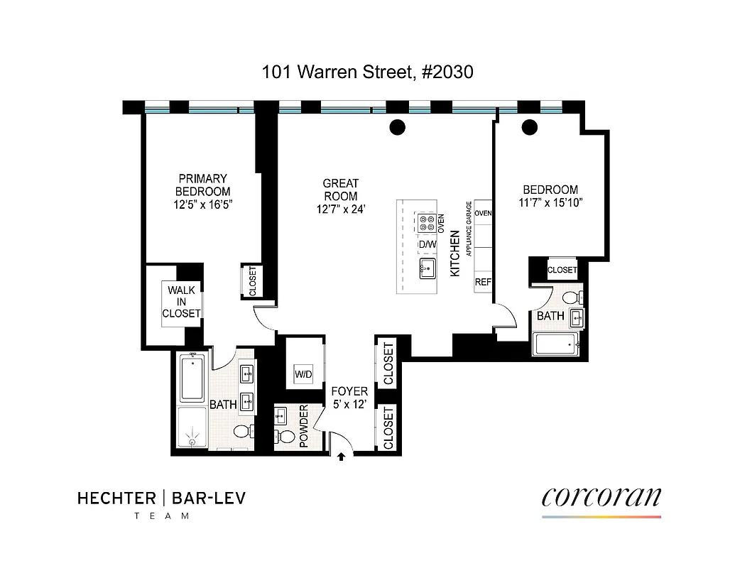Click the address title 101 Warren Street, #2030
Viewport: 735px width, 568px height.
pos(367,72)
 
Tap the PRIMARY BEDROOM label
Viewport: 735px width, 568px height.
pos(203,185)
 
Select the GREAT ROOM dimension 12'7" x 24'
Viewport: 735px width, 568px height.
pos(341,209)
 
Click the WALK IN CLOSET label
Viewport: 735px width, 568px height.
pos(181,302)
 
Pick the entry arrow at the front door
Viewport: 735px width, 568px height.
pos(342,457)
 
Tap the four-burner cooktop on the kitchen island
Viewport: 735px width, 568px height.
pos(428,224)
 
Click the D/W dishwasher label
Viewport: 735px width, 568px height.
pos(427,245)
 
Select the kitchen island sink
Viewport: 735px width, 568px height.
pos(428,268)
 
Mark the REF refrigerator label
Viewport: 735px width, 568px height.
pos(484,282)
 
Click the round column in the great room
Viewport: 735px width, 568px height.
pos(398,128)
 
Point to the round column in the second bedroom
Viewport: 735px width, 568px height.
pos(529,128)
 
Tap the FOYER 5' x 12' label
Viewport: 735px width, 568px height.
pos(350,398)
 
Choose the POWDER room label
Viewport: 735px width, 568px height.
pos(304,427)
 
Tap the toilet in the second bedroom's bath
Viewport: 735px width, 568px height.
pos(570,296)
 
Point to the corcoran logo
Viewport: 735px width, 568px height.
pos(601,496)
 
